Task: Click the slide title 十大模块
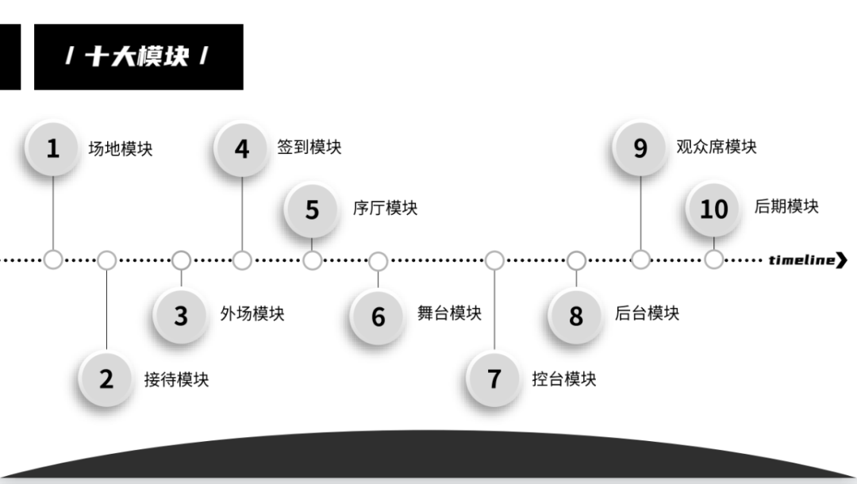pos(137,56)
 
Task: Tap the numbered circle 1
pos(52,148)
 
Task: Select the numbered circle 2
pos(106,379)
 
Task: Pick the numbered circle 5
pos(312,209)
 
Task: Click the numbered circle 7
pos(494,379)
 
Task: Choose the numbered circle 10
pos(713,209)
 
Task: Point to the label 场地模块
pos(120,148)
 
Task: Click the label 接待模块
pos(176,379)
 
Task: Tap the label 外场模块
pos(252,313)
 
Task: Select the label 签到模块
pos(309,147)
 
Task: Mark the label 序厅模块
pos(385,208)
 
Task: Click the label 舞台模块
pos(449,313)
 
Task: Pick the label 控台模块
pos(563,378)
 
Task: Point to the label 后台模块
pos(647,313)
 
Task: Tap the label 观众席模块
pos(716,147)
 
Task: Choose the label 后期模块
pos(786,206)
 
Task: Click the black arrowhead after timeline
pos(842,260)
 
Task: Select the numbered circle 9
pos(640,148)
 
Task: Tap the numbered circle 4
pos(242,148)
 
